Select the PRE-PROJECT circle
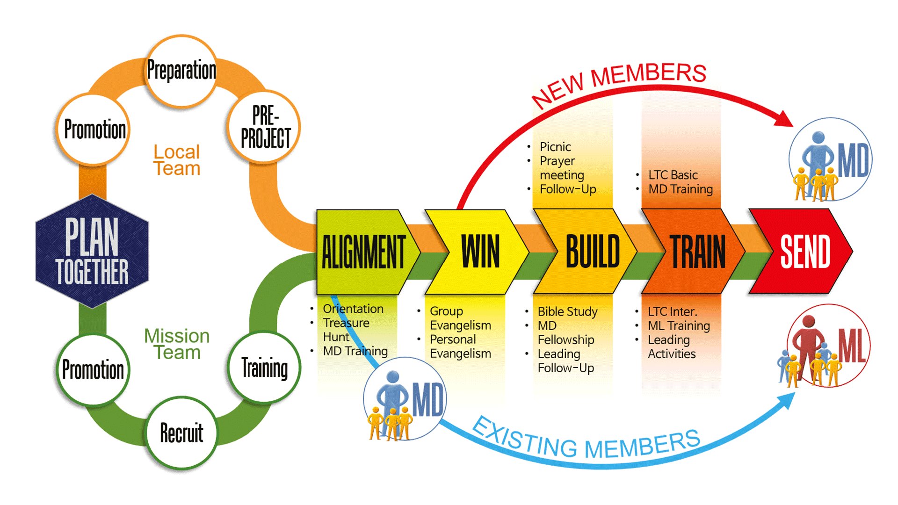pos(264,127)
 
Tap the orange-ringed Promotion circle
pos(94,130)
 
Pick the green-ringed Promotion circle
pos(93,369)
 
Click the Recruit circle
pos(181,433)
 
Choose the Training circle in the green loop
pos(264,368)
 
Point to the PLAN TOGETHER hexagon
pos(92,251)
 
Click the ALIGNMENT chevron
pos(363,252)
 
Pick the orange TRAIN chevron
pos(697,252)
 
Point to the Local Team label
pos(177,160)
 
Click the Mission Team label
pos(177,344)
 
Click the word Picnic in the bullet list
pos(555,147)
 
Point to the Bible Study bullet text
pos(567,311)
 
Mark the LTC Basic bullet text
pos(673,175)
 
